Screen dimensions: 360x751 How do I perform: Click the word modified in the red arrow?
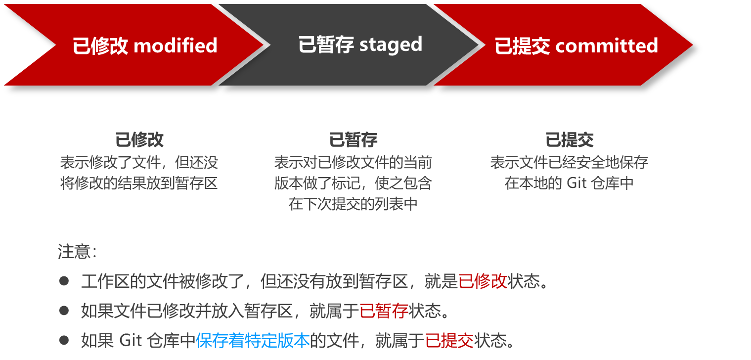click(176, 46)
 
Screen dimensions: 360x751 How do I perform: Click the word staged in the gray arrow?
click(391, 45)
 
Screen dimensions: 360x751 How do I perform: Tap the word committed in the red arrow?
click(607, 46)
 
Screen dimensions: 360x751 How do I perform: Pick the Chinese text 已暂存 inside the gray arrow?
click(326, 45)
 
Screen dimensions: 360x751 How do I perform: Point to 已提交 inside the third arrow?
click(522, 46)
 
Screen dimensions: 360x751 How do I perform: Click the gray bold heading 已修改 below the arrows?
click(139, 140)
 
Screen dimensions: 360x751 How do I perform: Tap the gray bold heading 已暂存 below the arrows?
click(353, 140)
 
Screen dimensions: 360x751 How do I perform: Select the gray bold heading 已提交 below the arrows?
click(569, 140)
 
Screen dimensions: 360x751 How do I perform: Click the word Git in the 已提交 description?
click(576, 183)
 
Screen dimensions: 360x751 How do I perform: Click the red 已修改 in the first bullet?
click(483, 281)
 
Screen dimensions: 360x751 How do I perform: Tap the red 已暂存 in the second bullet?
click(384, 311)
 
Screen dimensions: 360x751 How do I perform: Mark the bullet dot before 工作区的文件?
click(64, 281)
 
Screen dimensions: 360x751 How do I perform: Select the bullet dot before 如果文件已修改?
click(64, 311)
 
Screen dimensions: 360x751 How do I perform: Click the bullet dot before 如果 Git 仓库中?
click(64, 340)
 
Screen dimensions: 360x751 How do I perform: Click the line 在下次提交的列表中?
click(353, 204)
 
